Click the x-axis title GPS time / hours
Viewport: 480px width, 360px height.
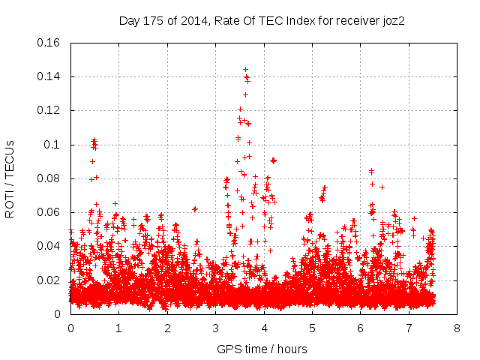[262, 349]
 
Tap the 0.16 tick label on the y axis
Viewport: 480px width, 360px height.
[49, 43]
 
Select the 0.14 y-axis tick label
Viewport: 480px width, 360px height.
[49, 76]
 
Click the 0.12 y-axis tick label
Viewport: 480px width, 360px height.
[49, 110]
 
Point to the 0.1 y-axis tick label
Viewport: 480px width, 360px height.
[53, 145]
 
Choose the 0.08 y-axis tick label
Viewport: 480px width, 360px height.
[49, 178]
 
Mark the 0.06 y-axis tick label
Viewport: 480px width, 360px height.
[49, 212]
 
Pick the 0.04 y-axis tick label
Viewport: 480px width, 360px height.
[49, 246]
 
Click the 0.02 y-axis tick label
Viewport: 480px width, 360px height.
[49, 280]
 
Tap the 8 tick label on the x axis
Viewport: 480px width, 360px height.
[457, 328]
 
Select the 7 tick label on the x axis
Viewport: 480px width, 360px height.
[409, 328]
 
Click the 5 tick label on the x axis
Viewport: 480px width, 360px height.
[312, 328]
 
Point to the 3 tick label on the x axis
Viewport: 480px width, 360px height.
[215, 328]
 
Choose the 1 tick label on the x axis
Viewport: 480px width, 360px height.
[118, 328]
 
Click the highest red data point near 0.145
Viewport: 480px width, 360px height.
[245, 69]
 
